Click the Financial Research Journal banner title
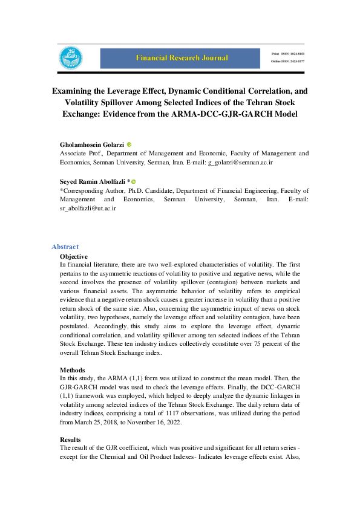182,58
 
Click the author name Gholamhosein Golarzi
92,145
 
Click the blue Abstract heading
65,247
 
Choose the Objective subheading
74,256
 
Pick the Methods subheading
72,369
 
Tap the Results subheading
71,439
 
